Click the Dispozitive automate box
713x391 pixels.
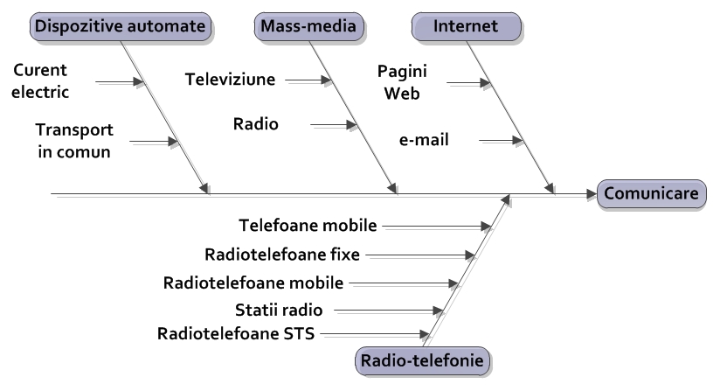pyautogui.click(x=122, y=27)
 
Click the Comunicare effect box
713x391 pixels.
pyautogui.click(x=651, y=193)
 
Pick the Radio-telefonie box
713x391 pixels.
pyautogui.click(x=422, y=359)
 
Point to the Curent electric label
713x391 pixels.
pyautogui.click(x=41, y=80)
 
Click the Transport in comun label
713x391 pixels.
pyautogui.click(x=73, y=140)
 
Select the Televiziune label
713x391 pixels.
pyautogui.click(x=231, y=80)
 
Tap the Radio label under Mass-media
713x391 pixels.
pyautogui.click(x=255, y=124)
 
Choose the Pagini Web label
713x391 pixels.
pyautogui.click(x=401, y=80)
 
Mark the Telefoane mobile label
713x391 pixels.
pyautogui.click(x=308, y=226)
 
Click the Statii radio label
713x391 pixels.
pyautogui.click(x=279, y=309)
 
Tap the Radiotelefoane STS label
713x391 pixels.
pyautogui.click(x=236, y=332)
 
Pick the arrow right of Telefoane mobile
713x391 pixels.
pyautogui.click(x=437, y=227)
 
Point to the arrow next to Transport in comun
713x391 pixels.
pyautogui.click(x=152, y=140)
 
